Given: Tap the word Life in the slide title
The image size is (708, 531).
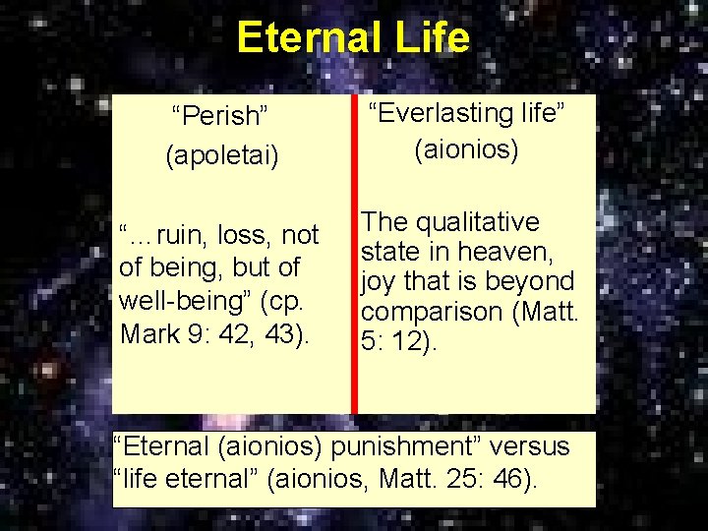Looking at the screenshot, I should point(433,38).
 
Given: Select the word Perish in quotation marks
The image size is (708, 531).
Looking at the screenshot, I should point(220,118).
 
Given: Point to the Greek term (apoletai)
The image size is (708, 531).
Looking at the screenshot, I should point(222,155).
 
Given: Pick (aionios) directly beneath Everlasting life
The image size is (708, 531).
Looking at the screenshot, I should point(466,149).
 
